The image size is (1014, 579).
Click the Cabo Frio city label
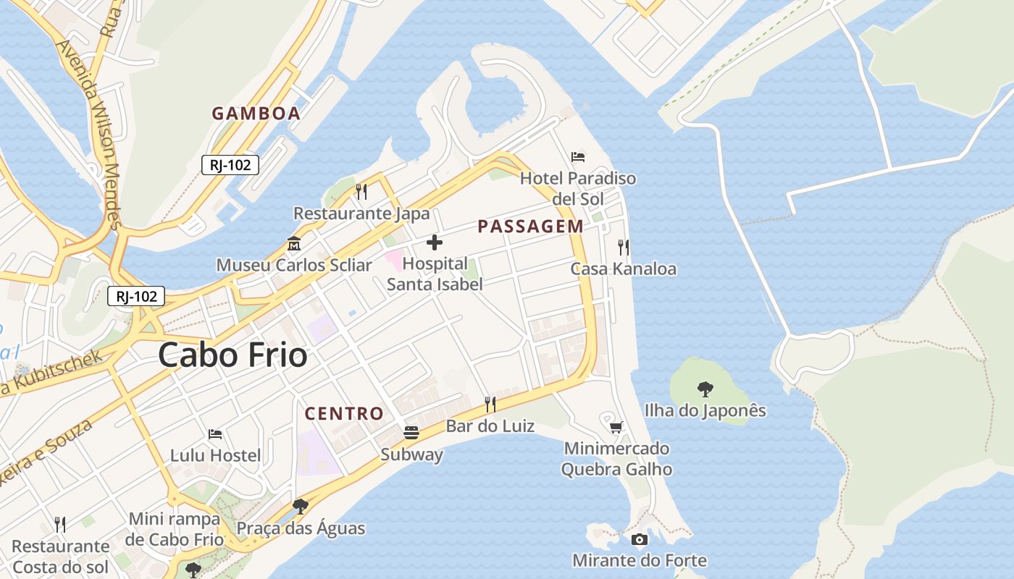(232, 355)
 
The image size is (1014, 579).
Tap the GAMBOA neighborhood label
(256, 114)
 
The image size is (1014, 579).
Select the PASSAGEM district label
(530, 227)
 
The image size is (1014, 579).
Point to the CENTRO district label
(344, 414)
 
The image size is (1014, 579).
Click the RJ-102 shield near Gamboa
(230, 165)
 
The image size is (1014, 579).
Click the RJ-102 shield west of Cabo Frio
(136, 296)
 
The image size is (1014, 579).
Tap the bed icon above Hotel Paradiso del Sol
(577, 156)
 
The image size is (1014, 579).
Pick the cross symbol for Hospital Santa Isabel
(435, 242)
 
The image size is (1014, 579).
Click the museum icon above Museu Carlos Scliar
(294, 243)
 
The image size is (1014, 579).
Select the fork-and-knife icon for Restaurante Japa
(361, 192)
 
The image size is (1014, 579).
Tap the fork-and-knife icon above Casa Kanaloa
(624, 248)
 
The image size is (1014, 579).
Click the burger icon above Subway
(411, 433)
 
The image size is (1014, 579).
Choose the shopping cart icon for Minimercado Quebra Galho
(616, 427)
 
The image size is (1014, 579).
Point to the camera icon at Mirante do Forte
(639, 539)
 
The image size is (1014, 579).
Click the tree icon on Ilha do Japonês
(705, 389)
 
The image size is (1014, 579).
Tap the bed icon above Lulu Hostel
(215, 434)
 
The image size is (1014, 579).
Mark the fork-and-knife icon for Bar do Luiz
(490, 404)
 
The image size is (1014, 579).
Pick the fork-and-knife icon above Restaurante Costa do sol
(60, 524)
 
